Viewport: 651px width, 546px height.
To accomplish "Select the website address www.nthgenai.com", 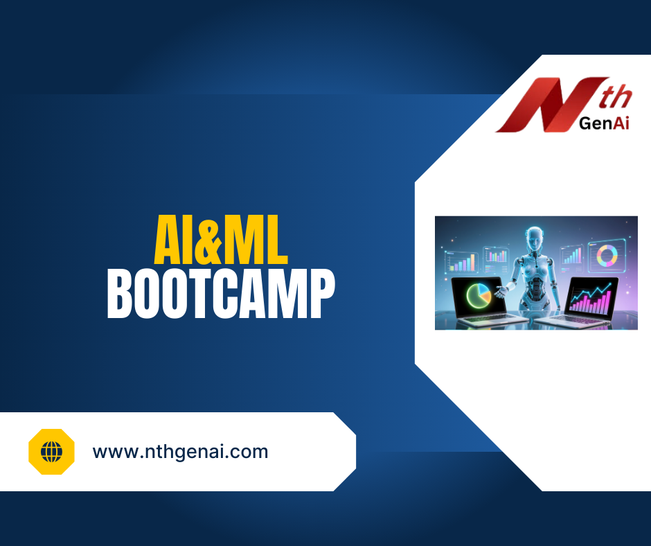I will click(180, 452).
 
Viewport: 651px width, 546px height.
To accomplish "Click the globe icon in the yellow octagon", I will click(51, 452).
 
